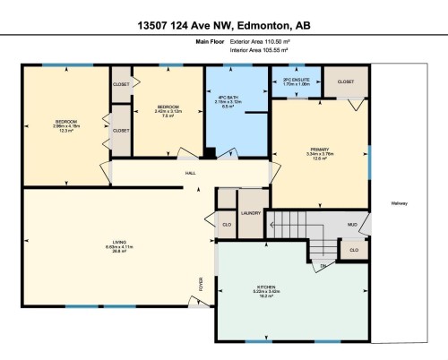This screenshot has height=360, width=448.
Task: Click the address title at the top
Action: click(x=223, y=24)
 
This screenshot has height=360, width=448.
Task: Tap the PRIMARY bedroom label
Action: click(x=320, y=149)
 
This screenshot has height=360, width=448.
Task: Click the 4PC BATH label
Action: click(x=228, y=98)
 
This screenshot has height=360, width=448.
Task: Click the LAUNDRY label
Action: click(x=250, y=213)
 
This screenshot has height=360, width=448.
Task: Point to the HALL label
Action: click(x=191, y=173)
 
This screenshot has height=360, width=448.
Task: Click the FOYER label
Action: click(x=202, y=285)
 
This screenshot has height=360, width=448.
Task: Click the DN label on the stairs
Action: click(x=323, y=267)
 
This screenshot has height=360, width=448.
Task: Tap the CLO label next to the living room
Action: click(x=226, y=224)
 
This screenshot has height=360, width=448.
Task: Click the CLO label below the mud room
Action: click(x=354, y=250)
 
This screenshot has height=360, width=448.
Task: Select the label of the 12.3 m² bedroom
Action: click(x=67, y=121)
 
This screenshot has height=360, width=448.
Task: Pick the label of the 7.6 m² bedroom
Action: click(x=168, y=107)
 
